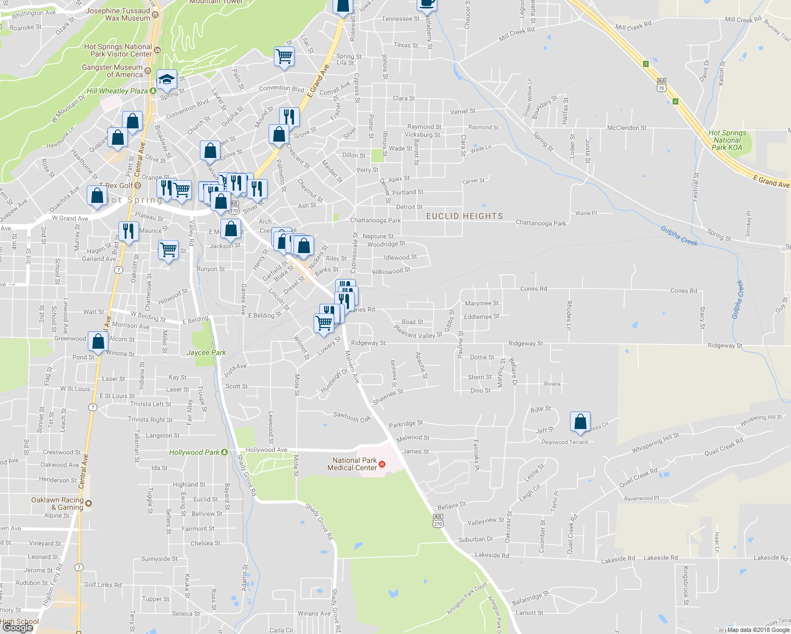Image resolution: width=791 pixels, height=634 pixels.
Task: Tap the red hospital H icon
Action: point(383,464)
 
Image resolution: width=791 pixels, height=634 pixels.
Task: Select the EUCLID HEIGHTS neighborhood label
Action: point(464,216)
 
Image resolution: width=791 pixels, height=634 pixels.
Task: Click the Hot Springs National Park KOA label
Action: point(727,140)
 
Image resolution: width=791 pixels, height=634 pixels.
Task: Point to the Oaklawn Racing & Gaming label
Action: point(57,504)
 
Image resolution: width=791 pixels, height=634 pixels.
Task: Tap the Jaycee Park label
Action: point(206,352)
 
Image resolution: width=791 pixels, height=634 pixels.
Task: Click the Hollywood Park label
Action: point(194,452)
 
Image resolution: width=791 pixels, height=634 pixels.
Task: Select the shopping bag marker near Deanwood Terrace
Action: point(580,422)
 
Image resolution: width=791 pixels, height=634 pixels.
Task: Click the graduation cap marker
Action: point(167,80)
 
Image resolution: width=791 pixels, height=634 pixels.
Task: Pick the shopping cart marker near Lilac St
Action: point(284,56)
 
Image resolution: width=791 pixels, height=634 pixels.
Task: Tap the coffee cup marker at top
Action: point(426,3)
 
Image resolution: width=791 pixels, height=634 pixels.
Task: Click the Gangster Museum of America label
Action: point(112,71)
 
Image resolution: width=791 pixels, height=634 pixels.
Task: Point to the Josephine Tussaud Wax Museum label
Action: point(118,14)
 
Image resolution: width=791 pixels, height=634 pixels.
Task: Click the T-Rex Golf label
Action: point(116,185)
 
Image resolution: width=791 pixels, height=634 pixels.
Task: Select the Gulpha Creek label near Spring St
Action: point(679,236)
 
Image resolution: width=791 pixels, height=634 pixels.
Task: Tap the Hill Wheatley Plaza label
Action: point(117,91)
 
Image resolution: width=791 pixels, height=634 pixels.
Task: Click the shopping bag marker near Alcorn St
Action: point(98,341)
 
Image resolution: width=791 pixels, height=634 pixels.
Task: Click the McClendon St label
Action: point(627,128)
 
